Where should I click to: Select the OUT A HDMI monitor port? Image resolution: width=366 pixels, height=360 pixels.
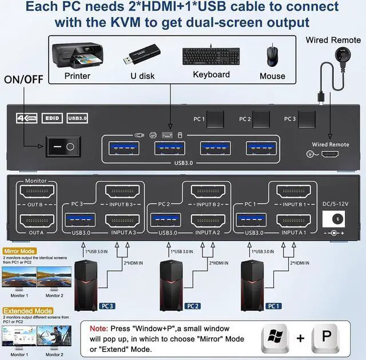click(x=34, y=221)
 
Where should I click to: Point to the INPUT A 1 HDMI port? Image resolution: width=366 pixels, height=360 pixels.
click(x=293, y=221)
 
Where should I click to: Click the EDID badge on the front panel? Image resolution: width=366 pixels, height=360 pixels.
click(x=52, y=118)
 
